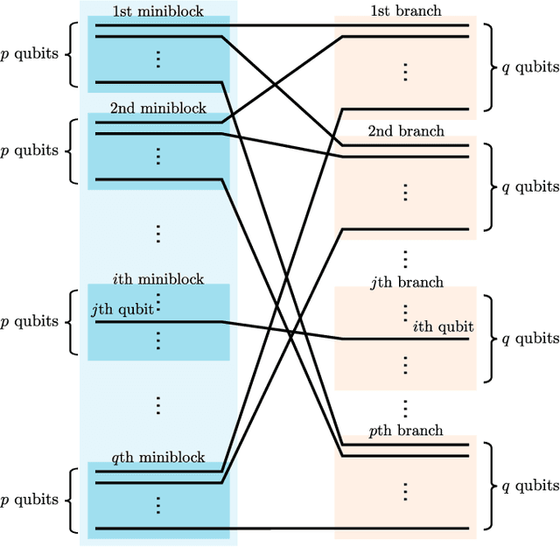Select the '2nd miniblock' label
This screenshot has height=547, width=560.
click(x=157, y=109)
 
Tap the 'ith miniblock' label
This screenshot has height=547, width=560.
click(x=157, y=279)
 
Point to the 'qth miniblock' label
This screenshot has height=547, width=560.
click(x=157, y=457)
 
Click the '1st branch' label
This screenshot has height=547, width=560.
click(x=405, y=11)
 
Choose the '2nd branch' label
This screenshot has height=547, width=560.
click(x=405, y=131)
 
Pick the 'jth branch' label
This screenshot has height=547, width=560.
click(x=405, y=282)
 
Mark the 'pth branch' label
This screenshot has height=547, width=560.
click(x=405, y=431)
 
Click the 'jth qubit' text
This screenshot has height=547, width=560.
click(x=122, y=309)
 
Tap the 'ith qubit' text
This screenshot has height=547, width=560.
click(x=443, y=326)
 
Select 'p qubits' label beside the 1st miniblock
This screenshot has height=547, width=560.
click(x=30, y=53)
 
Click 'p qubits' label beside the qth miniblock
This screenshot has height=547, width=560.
click(x=30, y=500)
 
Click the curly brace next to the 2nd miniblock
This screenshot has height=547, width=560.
click(x=71, y=151)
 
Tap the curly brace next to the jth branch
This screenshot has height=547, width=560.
click(x=491, y=338)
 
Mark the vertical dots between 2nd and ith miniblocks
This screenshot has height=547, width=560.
click(x=158, y=234)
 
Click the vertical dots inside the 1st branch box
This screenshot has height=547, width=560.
click(x=405, y=72)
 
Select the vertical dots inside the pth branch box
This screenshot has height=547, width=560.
click(x=405, y=491)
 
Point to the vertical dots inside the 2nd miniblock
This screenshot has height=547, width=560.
click(x=158, y=156)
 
